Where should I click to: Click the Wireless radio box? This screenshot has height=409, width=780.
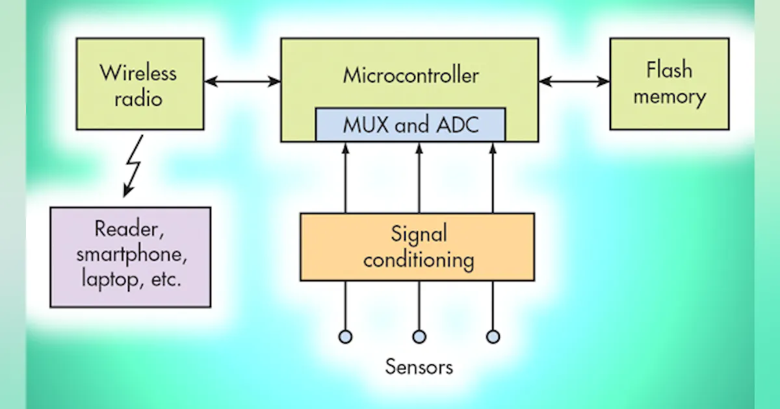(140, 84)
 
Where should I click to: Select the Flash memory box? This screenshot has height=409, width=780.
(669, 84)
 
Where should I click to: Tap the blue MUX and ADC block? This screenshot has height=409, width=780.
(410, 125)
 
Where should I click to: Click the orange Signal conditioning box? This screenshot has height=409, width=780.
(417, 247)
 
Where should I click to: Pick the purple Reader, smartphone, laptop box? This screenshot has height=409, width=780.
(131, 256)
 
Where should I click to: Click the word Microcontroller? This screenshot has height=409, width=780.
(411, 75)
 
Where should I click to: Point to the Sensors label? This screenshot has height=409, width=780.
(419, 366)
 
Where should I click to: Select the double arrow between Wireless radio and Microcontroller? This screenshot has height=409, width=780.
(242, 82)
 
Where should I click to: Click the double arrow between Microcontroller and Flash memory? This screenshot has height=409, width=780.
(574, 82)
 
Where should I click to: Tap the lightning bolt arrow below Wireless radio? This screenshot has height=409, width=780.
(135, 167)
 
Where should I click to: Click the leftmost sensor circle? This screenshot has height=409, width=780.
(345, 336)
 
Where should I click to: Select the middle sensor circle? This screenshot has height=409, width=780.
(419, 336)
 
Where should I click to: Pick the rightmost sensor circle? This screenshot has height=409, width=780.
(493, 336)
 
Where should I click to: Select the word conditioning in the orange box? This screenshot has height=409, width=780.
(418, 260)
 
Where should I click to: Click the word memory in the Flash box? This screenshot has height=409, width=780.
(669, 97)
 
